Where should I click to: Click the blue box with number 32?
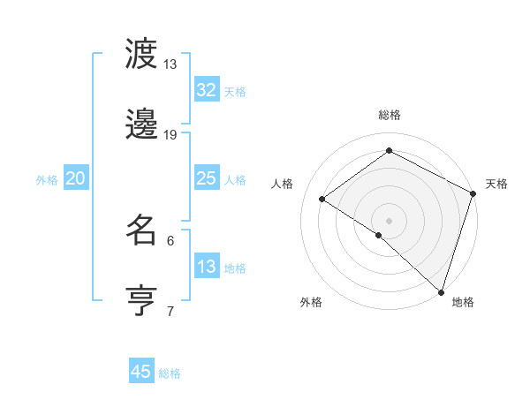click(206, 90)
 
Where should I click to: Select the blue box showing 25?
click(206, 178)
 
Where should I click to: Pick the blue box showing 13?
click(206, 267)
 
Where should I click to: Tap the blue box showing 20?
click(75, 178)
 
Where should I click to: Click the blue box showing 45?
click(140, 372)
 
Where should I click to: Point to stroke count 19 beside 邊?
click(170, 135)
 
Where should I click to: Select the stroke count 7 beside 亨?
click(170, 311)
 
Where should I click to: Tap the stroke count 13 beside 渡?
click(170, 64)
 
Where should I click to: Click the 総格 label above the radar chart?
click(389, 115)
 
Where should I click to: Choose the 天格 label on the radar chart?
click(496, 184)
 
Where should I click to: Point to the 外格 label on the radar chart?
click(311, 302)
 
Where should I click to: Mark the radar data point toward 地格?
click(441, 291)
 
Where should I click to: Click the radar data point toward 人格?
click(322, 199)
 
